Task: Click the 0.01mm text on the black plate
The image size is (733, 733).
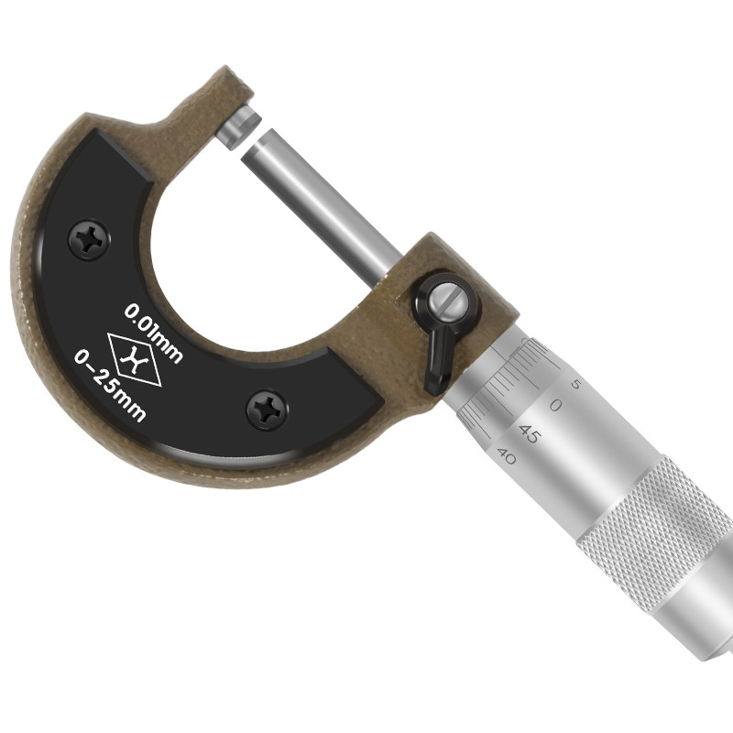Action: (x=153, y=333)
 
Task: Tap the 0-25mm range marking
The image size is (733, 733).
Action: (x=111, y=386)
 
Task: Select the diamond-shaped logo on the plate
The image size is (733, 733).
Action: (x=135, y=359)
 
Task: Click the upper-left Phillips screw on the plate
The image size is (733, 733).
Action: (x=89, y=240)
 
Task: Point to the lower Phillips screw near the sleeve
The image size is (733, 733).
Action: (x=267, y=410)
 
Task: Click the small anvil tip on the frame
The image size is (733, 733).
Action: (x=238, y=126)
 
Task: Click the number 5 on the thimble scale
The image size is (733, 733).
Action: (x=576, y=384)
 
